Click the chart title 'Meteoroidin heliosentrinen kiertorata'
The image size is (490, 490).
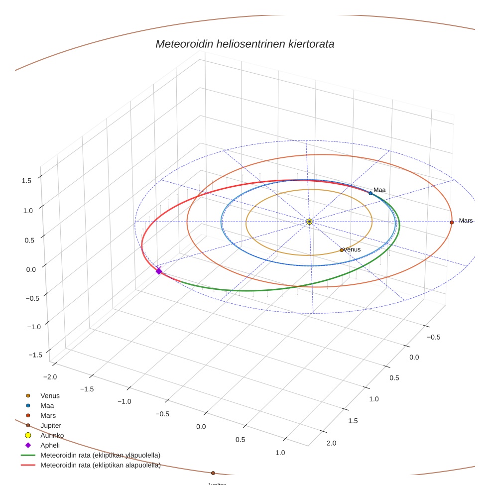tap(245, 44)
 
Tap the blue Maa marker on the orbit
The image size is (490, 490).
tap(370, 193)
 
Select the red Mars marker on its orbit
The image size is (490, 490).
tap(452, 222)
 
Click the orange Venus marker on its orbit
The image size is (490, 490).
tap(342, 250)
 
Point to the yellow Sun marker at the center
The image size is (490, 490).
tap(309, 222)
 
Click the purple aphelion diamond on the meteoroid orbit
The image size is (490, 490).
tap(159, 271)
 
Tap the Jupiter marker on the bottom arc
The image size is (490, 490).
tap(213, 473)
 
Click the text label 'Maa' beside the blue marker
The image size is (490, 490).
tap(379, 190)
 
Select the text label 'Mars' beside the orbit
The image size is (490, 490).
tap(466, 221)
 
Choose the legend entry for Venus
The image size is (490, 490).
tap(50, 396)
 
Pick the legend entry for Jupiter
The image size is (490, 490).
tap(51, 426)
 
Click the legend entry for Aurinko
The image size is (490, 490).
tap(52, 436)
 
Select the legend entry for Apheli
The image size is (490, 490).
tap(50, 446)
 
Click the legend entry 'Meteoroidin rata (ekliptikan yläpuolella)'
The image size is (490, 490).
tap(100, 456)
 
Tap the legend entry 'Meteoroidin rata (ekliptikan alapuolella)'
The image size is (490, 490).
tap(100, 466)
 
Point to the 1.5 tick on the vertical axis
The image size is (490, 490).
tap(26, 181)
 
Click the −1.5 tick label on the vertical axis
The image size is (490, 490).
tap(35, 355)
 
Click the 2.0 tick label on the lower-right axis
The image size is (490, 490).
tap(331, 443)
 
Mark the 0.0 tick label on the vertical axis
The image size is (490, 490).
tap(30, 269)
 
